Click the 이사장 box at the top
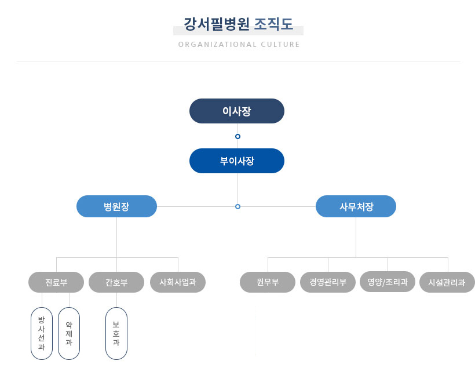[236, 111]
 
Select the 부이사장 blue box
[236, 161]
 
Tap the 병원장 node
[116, 206]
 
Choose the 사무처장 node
[356, 206]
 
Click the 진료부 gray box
[56, 282]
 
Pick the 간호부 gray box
[116, 282]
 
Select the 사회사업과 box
[178, 282]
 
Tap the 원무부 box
[268, 282]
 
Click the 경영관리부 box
[328, 282]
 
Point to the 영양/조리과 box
[388, 282]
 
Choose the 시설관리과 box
[447, 282]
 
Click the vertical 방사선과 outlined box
[41, 333]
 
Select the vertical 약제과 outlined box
[69, 333]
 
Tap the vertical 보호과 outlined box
[116, 333]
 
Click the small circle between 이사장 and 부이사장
[237, 137]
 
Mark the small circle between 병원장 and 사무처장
[237, 206]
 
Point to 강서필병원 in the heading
[217, 24]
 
